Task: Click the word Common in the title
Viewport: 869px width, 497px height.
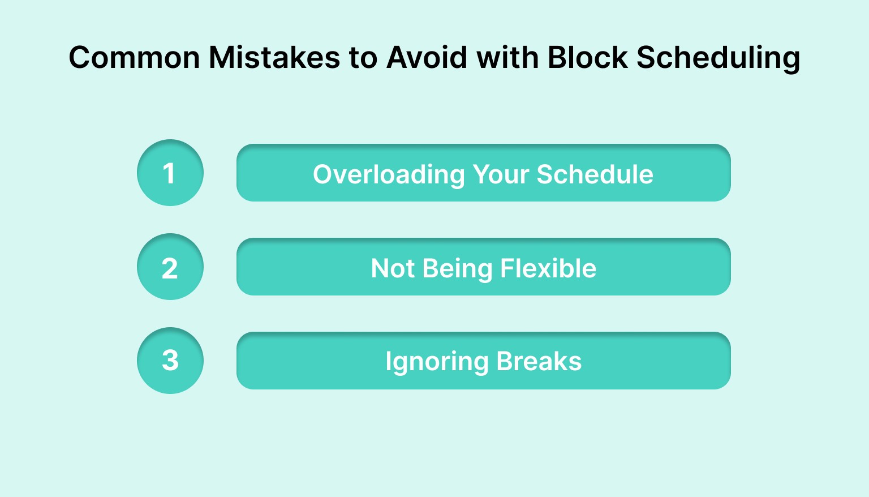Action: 134,58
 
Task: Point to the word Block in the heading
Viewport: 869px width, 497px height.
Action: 587,58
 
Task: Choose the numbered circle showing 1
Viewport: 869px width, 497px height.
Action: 170,173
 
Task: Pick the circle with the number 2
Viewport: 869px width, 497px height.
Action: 170,267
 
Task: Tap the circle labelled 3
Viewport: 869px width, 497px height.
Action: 170,361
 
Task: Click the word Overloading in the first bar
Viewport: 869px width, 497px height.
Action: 389,174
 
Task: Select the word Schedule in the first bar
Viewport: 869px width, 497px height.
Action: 595,174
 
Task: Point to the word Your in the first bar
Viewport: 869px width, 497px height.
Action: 500,174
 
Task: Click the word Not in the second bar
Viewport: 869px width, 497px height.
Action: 393,268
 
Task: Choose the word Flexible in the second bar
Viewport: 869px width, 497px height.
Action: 548,268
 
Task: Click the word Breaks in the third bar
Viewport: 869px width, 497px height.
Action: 539,361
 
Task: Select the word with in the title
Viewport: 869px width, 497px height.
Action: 507,58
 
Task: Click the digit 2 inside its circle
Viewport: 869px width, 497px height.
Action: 170,268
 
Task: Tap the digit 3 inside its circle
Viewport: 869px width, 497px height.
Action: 170,361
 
